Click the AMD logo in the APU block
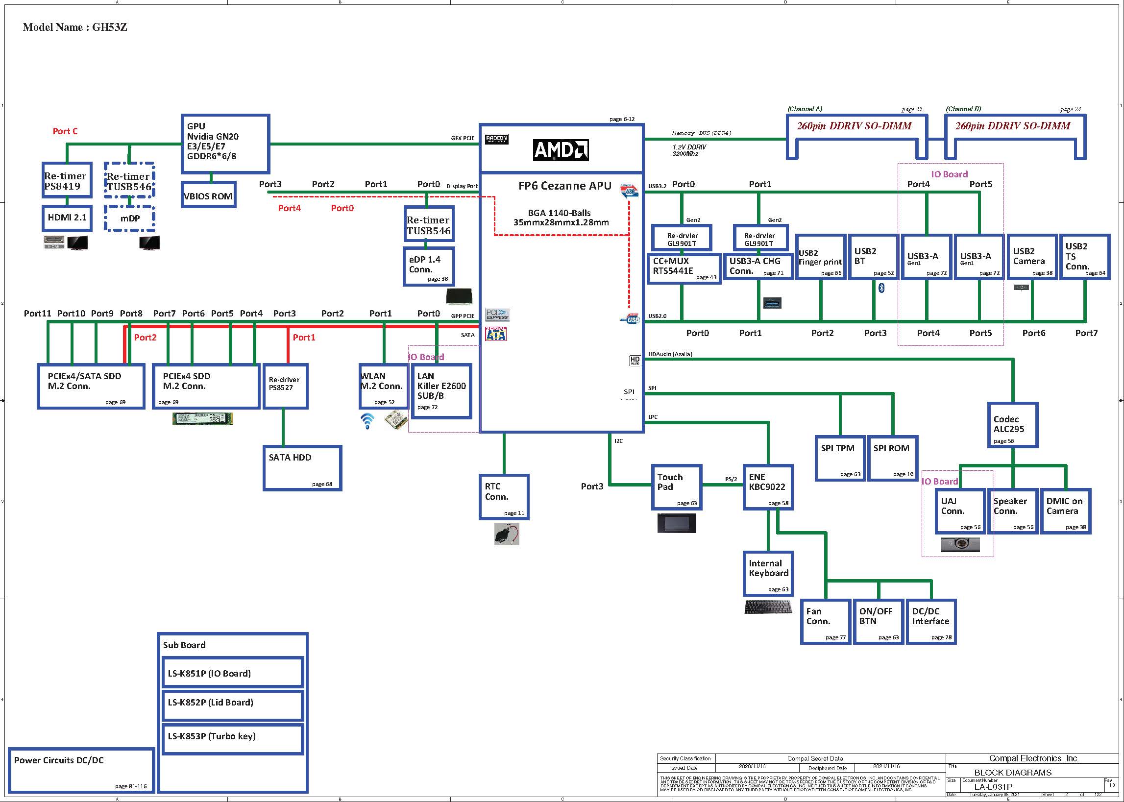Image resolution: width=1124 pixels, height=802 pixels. [561, 150]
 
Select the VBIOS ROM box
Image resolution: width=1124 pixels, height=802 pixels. [208, 195]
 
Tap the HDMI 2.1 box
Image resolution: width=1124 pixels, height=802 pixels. [67, 218]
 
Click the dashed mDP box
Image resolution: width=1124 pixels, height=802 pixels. [130, 219]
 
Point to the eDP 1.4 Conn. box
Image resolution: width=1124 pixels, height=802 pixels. [429, 266]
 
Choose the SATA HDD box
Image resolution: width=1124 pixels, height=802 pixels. [302, 468]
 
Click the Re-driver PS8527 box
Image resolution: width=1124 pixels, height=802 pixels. [286, 386]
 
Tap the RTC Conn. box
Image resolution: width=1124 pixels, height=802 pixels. [504, 497]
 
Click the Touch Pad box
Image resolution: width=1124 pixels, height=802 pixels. [676, 487]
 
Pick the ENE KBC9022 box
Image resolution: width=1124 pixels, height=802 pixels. [768, 487]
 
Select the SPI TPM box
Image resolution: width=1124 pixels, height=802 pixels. [839, 458]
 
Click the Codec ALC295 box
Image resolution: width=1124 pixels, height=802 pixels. [1012, 425]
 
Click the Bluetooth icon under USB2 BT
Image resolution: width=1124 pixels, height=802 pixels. [881, 288]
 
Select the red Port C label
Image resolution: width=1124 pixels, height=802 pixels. [65, 131]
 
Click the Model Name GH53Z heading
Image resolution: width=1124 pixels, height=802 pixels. [75, 27]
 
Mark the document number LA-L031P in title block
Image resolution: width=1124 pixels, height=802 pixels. [993, 787]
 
